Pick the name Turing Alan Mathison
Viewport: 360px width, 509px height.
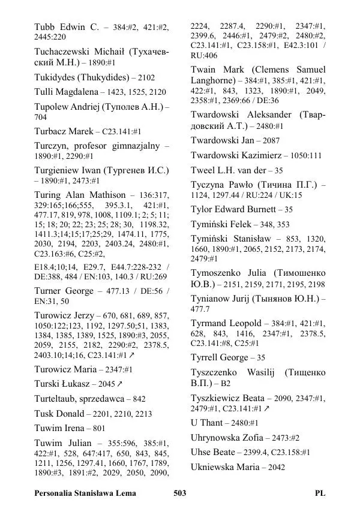(80, 195)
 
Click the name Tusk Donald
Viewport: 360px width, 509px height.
(59, 414)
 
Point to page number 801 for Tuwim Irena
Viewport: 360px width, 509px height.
(99, 429)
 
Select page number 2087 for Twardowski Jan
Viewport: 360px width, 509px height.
(268, 140)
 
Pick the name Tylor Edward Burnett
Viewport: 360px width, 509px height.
(235, 209)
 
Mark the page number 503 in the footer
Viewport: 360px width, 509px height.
(179, 493)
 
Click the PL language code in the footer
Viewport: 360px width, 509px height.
(320, 493)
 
